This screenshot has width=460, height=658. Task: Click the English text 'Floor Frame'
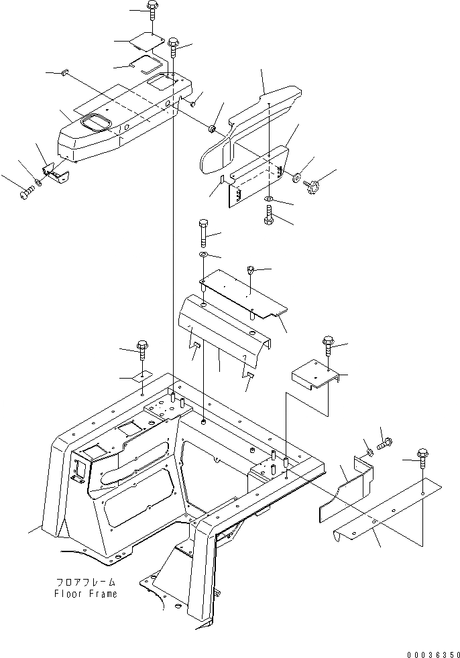85,594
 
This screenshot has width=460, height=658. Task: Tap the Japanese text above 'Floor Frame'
85,582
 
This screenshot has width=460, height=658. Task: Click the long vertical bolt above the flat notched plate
203,234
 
